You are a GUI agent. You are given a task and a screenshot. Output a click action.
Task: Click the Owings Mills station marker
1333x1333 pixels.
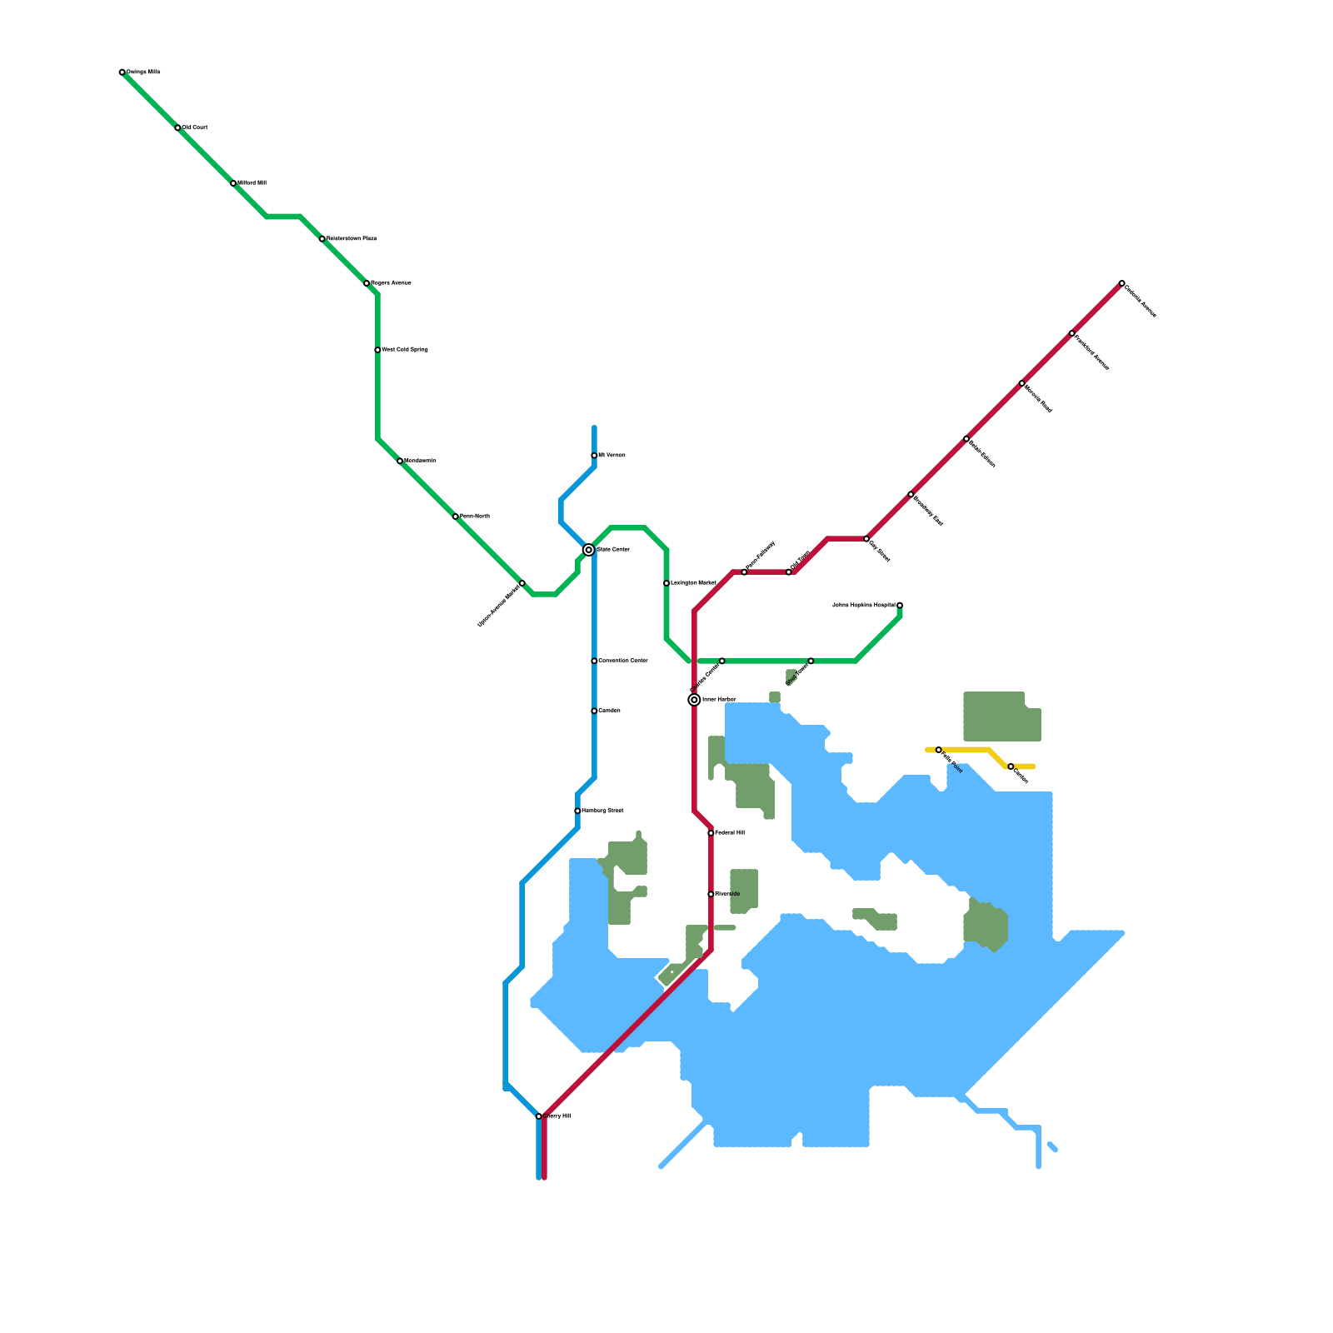coord(122,72)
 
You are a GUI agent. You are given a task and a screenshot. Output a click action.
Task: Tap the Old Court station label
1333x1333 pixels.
coord(195,127)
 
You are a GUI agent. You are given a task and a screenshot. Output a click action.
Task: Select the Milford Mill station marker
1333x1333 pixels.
coord(233,183)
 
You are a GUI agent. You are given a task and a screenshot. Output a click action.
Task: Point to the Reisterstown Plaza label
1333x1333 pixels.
coord(352,238)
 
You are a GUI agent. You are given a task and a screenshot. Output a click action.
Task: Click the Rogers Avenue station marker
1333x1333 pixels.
coord(367,283)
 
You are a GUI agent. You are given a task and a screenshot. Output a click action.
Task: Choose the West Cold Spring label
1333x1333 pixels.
coord(405,350)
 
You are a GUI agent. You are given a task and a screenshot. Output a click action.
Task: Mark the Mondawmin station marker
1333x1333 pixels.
coord(400,461)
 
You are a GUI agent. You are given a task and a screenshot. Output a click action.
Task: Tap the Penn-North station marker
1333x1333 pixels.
coord(456,517)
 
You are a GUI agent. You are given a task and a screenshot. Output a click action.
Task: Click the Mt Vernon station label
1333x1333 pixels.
coord(612,456)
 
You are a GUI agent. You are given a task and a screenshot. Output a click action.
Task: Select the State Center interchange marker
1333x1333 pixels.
coord(589,550)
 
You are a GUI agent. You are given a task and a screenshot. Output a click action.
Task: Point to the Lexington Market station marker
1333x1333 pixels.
coord(666,583)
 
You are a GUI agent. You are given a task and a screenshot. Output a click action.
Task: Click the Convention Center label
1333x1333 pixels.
coord(623,661)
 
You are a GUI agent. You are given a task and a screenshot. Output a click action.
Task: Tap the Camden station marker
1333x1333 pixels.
coord(594,711)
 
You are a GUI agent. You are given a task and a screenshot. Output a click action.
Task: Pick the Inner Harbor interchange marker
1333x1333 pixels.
coord(694,700)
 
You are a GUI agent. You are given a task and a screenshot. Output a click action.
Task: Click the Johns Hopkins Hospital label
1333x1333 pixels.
coord(863,606)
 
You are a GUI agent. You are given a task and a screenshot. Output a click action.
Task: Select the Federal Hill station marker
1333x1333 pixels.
coord(711,833)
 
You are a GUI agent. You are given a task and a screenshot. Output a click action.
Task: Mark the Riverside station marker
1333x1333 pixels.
coord(711,894)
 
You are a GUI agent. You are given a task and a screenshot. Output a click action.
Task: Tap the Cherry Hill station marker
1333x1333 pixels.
coord(539,1116)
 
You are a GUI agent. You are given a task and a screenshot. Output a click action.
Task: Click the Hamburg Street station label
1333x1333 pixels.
coord(602,811)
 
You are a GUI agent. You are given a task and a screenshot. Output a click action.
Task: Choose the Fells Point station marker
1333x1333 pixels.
coord(939,750)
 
